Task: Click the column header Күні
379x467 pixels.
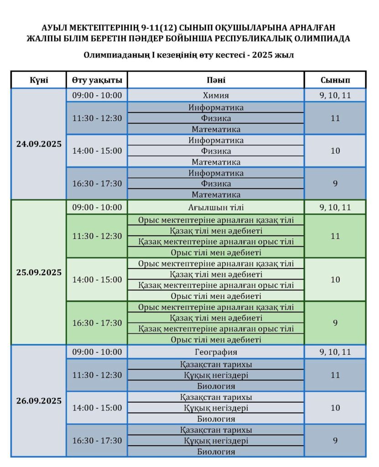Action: [x=39, y=80]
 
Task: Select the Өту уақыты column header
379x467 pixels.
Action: [x=97, y=80]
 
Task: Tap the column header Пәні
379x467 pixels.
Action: [x=216, y=80]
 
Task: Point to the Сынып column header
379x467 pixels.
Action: [x=335, y=80]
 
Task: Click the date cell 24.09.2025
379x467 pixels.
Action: [x=39, y=143]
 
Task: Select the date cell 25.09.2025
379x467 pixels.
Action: [x=39, y=272]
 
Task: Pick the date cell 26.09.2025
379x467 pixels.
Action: [x=39, y=401]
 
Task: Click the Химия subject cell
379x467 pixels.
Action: [x=216, y=95]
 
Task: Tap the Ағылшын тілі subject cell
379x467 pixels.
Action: [x=216, y=207]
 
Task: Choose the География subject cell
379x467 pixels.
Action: [x=216, y=352]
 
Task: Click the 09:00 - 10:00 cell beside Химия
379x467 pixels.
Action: [x=97, y=95]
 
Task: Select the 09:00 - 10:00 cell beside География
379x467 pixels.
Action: [x=97, y=352]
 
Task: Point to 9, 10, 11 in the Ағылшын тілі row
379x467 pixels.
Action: [x=335, y=207]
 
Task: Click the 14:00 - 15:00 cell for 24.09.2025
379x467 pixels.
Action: [x=97, y=151]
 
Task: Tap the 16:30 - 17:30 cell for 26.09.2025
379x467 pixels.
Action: [x=97, y=441]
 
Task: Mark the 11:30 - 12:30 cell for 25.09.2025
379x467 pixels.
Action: [x=97, y=236]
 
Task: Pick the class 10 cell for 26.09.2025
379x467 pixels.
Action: [x=335, y=408]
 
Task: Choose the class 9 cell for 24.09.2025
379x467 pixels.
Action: [x=335, y=184]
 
